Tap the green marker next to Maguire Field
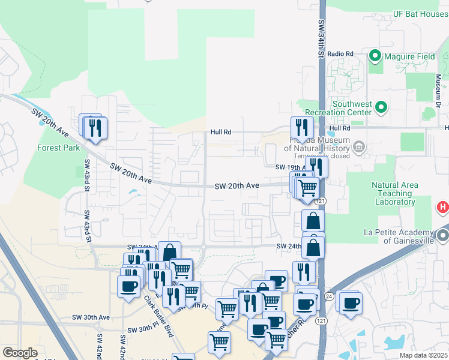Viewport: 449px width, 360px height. (x=375, y=56)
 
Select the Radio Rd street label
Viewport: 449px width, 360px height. (x=340, y=53)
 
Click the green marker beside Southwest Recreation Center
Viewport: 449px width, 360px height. (x=381, y=108)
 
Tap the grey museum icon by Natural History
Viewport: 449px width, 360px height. (x=359, y=146)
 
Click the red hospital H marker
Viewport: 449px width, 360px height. (x=443, y=208)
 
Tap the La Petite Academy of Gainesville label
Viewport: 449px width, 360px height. (x=399, y=236)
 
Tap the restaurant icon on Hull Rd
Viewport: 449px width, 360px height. (x=302, y=128)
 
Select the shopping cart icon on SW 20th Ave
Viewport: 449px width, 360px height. (x=307, y=187)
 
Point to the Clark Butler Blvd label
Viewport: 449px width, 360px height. (x=158, y=316)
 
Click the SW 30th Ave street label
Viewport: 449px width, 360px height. (x=91, y=317)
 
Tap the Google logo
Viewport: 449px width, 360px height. (x=20, y=353)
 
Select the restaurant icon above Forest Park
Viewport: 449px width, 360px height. (x=95, y=128)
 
